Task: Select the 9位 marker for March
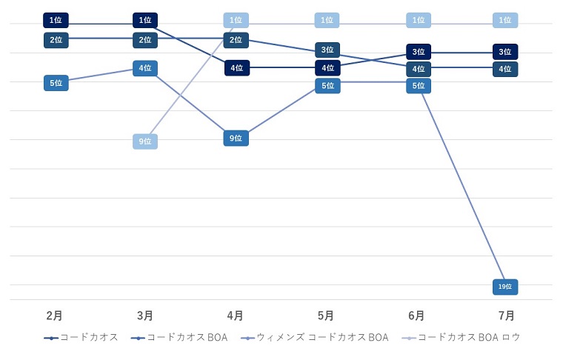pyautogui.click(x=145, y=141)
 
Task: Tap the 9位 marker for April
pyautogui.click(x=236, y=138)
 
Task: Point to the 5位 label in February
pyautogui.click(x=56, y=83)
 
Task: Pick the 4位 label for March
pyautogui.click(x=145, y=68)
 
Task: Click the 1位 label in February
pyautogui.click(x=56, y=21)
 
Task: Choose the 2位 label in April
pyautogui.click(x=236, y=39)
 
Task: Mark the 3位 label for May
pyautogui.click(x=327, y=50)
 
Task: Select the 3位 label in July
pyautogui.click(x=505, y=52)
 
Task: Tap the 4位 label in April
pyautogui.click(x=236, y=68)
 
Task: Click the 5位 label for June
pyautogui.click(x=418, y=85)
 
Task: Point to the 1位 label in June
pyautogui.click(x=418, y=21)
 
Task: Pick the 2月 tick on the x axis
pyautogui.click(x=55, y=316)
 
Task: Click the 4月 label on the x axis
pyautogui.click(x=236, y=316)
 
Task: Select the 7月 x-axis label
pyautogui.click(x=507, y=316)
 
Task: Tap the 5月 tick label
pyautogui.click(x=326, y=316)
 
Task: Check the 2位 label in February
pyautogui.click(x=56, y=39)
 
